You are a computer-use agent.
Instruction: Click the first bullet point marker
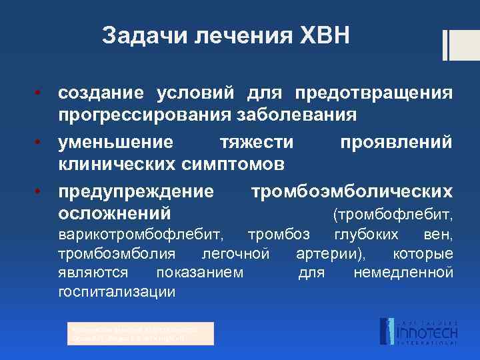39,91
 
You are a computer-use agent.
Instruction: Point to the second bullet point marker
39,141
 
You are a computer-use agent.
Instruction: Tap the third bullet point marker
39,192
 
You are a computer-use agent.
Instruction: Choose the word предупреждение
136,193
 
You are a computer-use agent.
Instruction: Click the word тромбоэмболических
351,193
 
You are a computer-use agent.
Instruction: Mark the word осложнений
114,214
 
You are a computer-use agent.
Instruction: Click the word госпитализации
117,292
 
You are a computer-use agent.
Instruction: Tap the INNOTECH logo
417,331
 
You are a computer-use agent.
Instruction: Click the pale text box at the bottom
141,333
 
